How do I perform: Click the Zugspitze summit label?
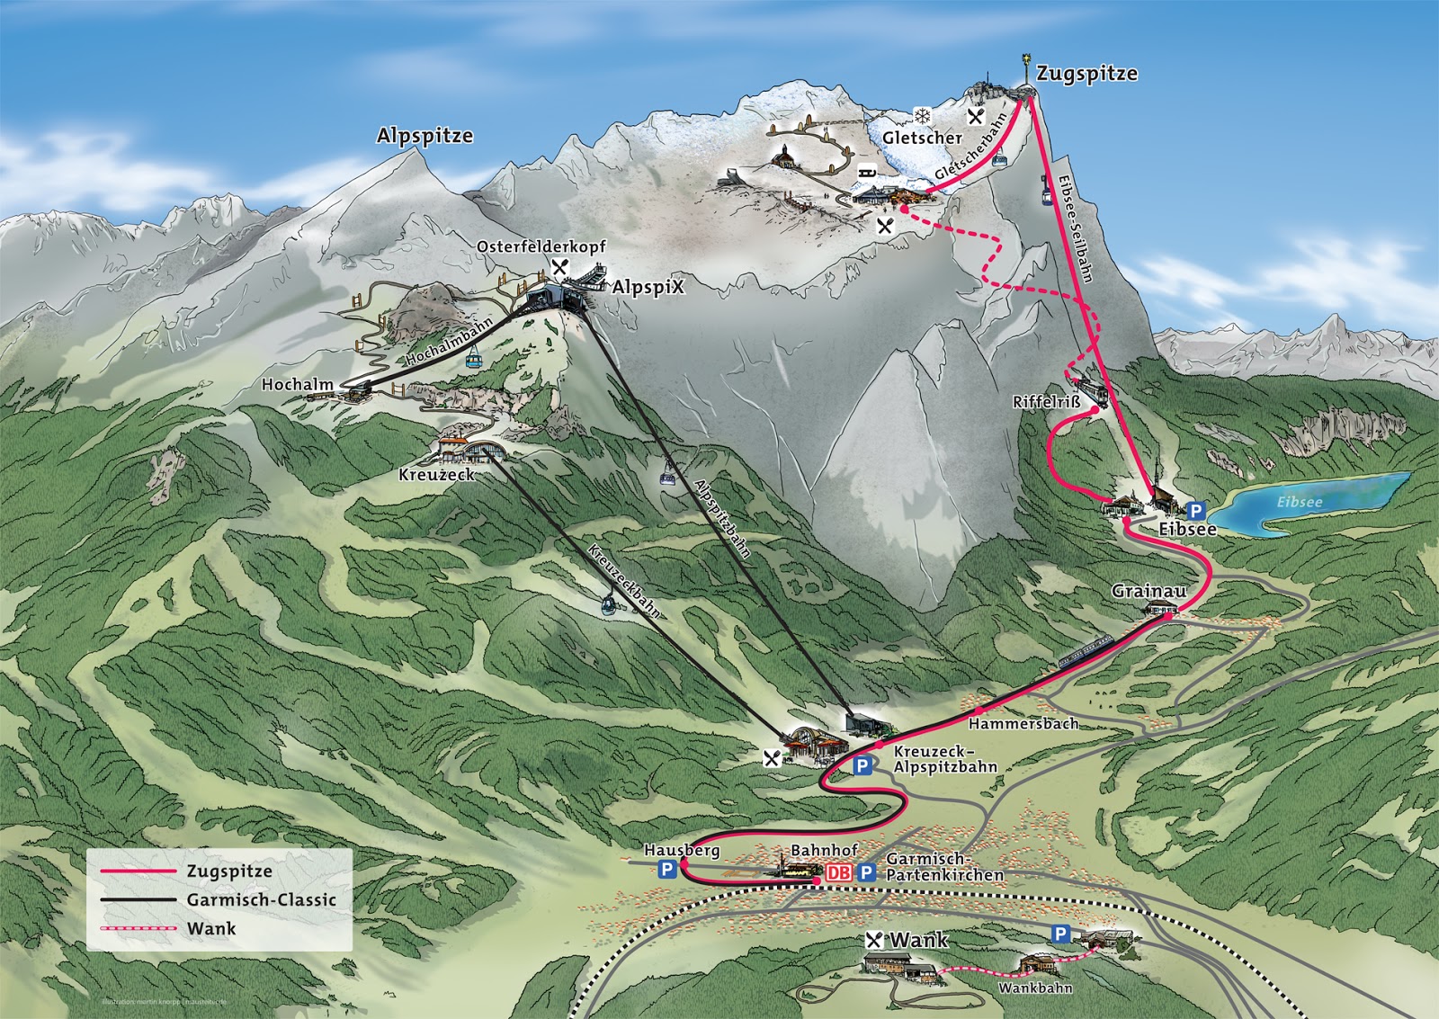tap(1086, 74)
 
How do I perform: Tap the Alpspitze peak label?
tap(425, 136)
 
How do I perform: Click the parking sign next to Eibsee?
tap(1195, 511)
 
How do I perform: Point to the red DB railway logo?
tap(837, 872)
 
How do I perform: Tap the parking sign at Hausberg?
tap(666, 869)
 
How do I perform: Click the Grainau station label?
tap(1149, 591)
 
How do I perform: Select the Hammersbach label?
tap(1023, 723)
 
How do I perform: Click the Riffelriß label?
tap(1046, 402)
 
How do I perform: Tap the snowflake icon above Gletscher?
tap(923, 115)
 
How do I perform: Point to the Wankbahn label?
tap(1034, 988)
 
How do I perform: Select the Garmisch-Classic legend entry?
tap(261, 899)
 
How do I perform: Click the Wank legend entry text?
tap(211, 928)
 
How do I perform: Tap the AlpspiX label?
tap(648, 288)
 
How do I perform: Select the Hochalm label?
tap(297, 384)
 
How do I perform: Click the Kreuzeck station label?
tap(436, 474)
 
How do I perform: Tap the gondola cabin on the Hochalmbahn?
tap(471, 359)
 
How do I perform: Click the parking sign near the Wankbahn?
tap(1061, 934)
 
